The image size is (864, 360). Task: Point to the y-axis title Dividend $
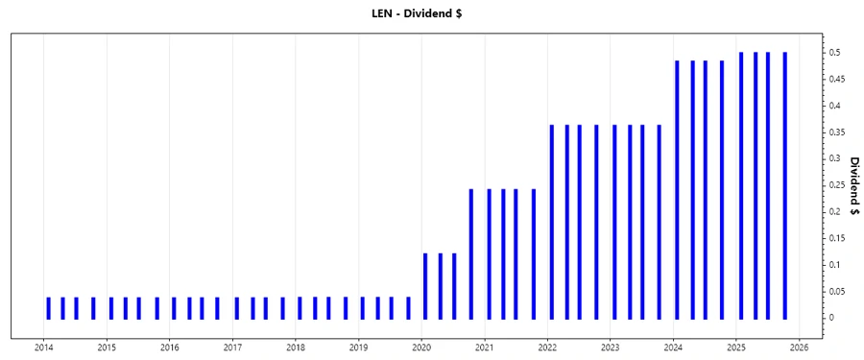coord(853,185)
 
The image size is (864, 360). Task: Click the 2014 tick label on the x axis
coord(44,348)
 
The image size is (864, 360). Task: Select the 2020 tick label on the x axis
coord(421,348)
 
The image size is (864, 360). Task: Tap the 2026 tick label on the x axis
coord(799,348)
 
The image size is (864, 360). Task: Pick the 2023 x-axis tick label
coord(611,348)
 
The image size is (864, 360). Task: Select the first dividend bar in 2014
coord(48,307)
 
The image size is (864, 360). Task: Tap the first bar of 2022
coord(552,221)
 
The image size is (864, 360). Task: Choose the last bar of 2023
coord(659,221)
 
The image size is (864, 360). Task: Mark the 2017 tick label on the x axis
coord(233,348)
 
